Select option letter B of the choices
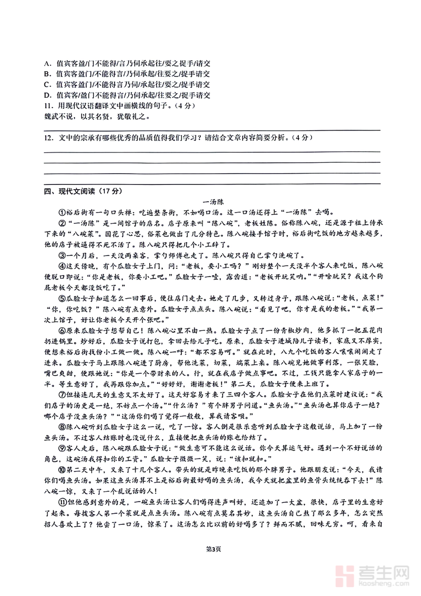tap(47, 74)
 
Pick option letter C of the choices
tap(47, 84)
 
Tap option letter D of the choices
tap(47, 96)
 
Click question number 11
tap(48, 106)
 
